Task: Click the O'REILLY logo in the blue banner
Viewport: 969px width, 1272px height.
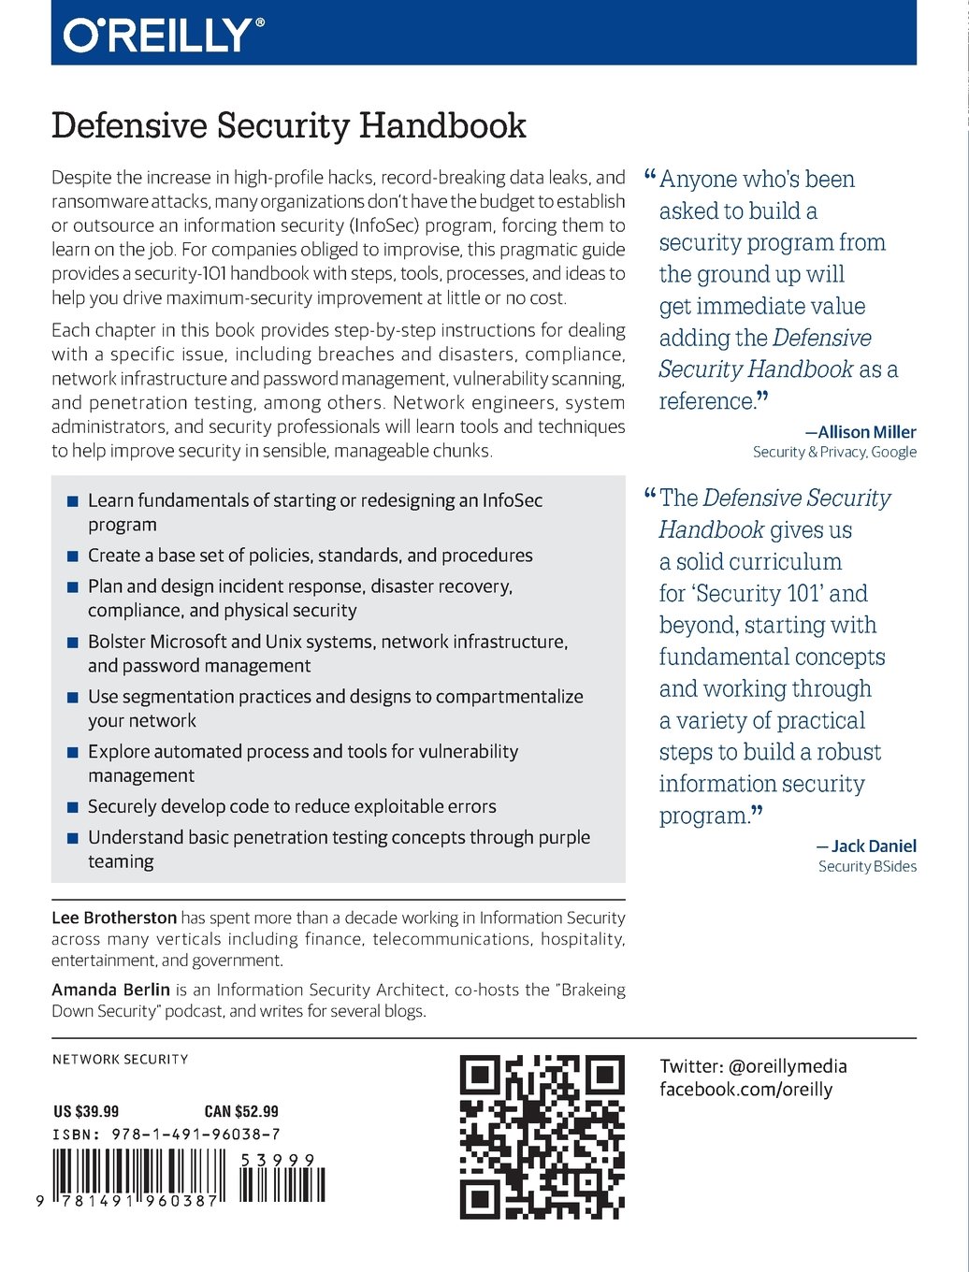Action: click(x=163, y=36)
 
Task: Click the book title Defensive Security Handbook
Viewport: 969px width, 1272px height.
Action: click(x=288, y=125)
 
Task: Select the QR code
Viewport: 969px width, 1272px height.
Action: click(x=542, y=1136)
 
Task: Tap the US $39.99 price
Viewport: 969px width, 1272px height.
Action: click(x=86, y=1111)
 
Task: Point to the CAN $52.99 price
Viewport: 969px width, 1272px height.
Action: click(x=241, y=1111)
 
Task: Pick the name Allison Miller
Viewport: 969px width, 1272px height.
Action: click(x=867, y=432)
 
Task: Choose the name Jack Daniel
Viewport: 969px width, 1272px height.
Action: click(x=874, y=846)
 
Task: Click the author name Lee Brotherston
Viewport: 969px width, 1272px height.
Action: click(x=114, y=918)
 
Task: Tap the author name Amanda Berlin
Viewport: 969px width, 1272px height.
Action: click(x=110, y=990)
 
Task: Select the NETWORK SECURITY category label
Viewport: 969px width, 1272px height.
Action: click(x=120, y=1060)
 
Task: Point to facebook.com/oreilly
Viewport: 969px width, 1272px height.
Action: click(x=745, y=1089)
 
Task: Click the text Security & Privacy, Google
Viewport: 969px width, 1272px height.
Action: click(x=834, y=452)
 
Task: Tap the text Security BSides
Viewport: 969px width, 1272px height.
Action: click(x=867, y=866)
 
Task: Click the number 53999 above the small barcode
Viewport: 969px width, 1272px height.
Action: click(x=278, y=1160)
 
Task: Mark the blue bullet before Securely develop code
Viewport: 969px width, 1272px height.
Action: click(x=72, y=807)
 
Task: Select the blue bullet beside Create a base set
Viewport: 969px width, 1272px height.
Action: click(x=72, y=556)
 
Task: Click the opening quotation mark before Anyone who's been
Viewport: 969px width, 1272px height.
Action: click(x=650, y=176)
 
